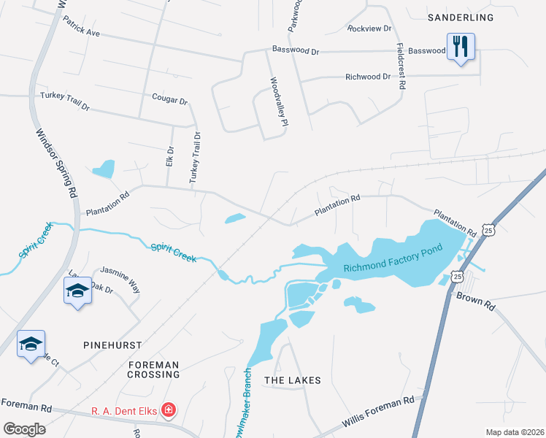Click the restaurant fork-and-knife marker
tap(461, 47)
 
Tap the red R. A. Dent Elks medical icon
tap(169, 411)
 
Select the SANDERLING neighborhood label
tap(461, 17)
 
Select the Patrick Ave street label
tap(81, 27)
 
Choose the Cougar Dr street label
tap(169, 99)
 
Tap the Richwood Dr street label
tap(363, 76)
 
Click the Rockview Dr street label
tap(369, 28)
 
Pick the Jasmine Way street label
tap(120, 278)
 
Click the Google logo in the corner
tap(24, 429)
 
